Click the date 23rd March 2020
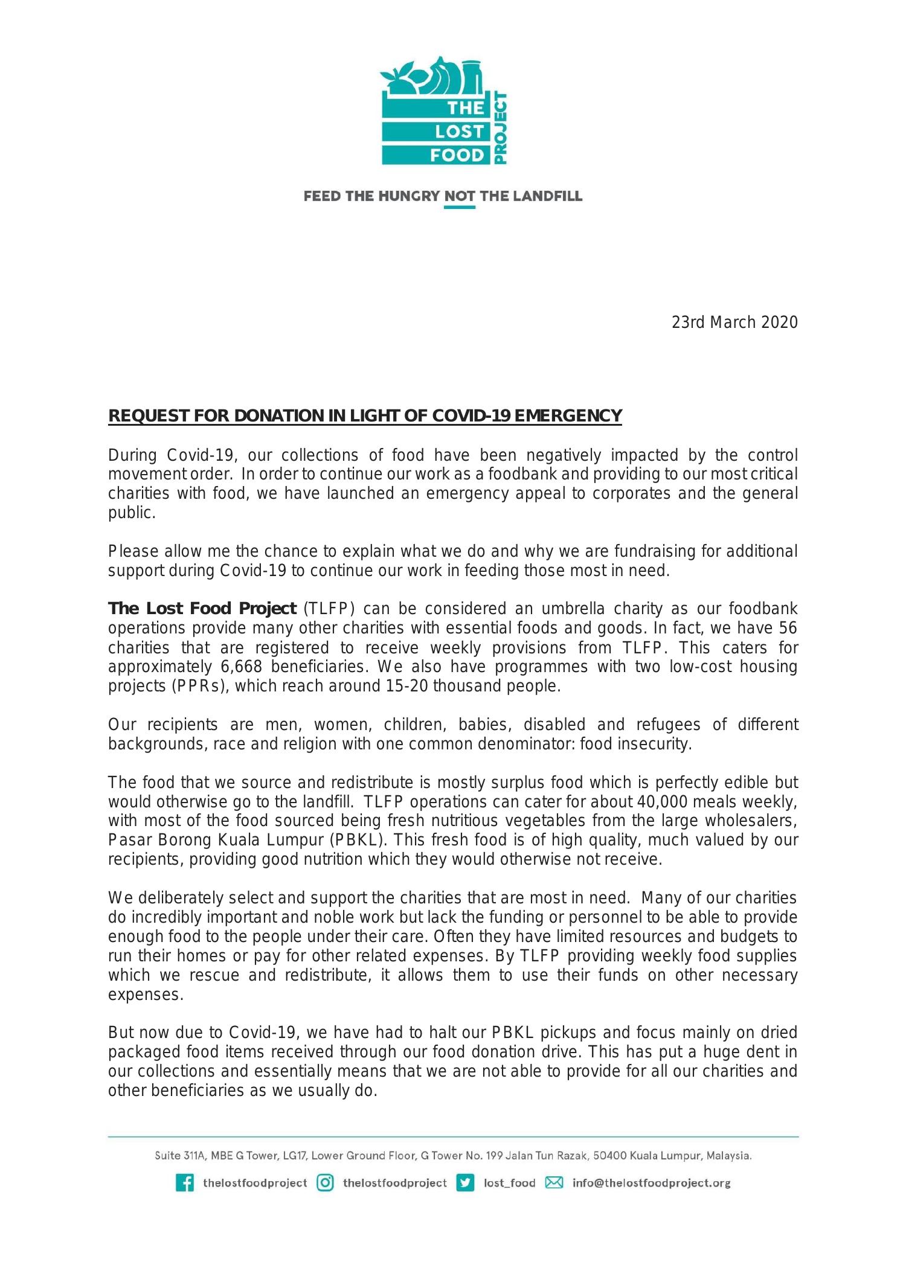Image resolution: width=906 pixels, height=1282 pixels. click(734, 322)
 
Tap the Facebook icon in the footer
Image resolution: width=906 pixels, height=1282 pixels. click(185, 1183)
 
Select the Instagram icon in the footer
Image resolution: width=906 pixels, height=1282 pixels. click(326, 1183)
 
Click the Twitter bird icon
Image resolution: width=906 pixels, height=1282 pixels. click(465, 1183)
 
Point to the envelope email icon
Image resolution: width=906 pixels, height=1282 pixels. click(554, 1183)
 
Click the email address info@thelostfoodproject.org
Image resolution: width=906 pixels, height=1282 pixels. click(651, 1183)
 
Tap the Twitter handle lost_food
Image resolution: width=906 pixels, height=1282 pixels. click(509, 1183)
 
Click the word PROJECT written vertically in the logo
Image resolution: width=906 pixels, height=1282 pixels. click(500, 128)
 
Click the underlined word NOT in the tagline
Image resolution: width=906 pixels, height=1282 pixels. click(459, 196)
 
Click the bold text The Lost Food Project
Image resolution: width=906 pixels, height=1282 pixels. click(202, 609)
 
